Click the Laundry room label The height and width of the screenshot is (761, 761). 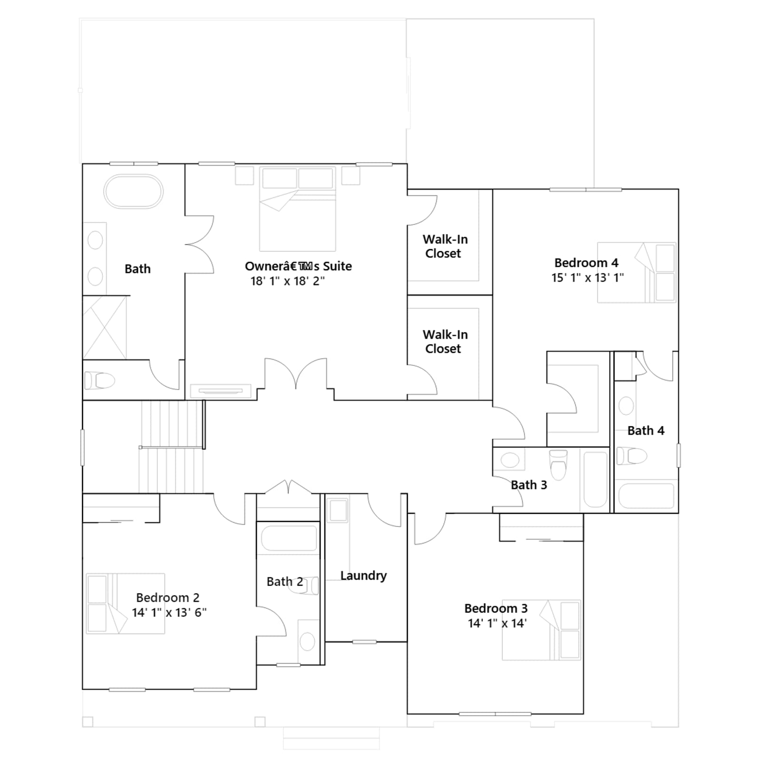coord(363,576)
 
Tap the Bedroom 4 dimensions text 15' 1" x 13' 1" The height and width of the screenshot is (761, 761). coord(587,278)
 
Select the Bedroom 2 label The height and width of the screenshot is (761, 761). coord(167,597)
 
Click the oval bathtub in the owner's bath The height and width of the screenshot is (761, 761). coord(133,192)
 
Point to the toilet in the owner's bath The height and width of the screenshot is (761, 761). coord(100,380)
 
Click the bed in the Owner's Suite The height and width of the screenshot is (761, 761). coord(298,209)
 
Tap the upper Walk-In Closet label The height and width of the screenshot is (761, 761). coord(445,246)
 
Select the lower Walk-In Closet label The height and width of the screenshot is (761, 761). coord(445,341)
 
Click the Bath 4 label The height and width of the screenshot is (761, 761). coord(645,430)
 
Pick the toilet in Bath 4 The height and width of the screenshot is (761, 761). coord(632,456)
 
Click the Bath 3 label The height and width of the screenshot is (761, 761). coord(529,485)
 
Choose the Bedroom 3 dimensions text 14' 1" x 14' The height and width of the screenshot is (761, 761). coord(497,623)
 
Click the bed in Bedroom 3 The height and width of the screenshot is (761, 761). coord(541,630)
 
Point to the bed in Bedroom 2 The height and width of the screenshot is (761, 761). coord(126,604)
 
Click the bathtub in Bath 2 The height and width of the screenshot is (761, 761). coord(287,538)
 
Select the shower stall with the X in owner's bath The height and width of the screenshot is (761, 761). coord(105,327)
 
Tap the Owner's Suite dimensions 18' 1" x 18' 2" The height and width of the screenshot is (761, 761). coord(288,281)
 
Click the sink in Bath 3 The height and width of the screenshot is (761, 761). coord(510,460)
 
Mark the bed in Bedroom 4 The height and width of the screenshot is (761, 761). coord(636,273)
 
